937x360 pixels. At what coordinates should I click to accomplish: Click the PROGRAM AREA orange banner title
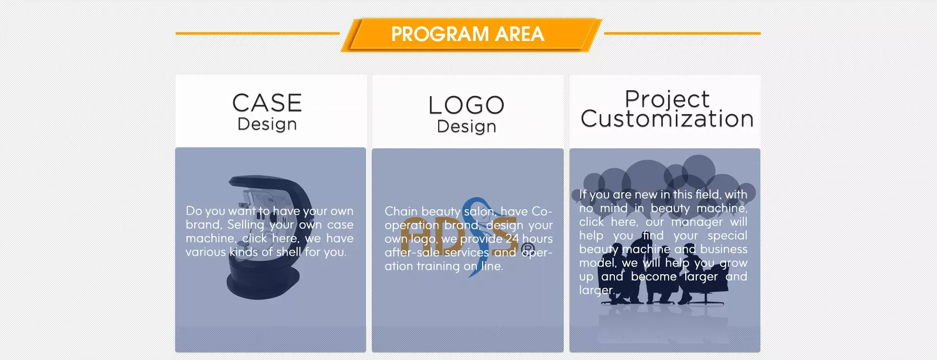click(468, 34)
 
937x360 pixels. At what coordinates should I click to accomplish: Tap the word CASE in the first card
click(267, 103)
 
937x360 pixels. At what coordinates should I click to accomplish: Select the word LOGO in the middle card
click(467, 105)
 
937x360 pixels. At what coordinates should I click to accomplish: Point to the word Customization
click(667, 119)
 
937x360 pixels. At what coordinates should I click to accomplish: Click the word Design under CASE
click(267, 124)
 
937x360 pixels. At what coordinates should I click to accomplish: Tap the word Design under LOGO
click(467, 126)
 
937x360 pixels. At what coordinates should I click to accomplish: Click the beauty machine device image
click(269, 237)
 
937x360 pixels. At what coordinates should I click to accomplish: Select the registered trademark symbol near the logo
click(528, 251)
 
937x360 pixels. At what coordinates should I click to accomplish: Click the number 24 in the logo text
click(512, 239)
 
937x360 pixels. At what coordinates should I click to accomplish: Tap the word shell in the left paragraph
click(288, 252)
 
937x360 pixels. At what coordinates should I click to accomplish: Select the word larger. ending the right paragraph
click(596, 291)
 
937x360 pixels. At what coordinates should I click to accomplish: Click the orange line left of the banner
click(257, 33)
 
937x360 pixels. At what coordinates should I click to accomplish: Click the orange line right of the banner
click(682, 33)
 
